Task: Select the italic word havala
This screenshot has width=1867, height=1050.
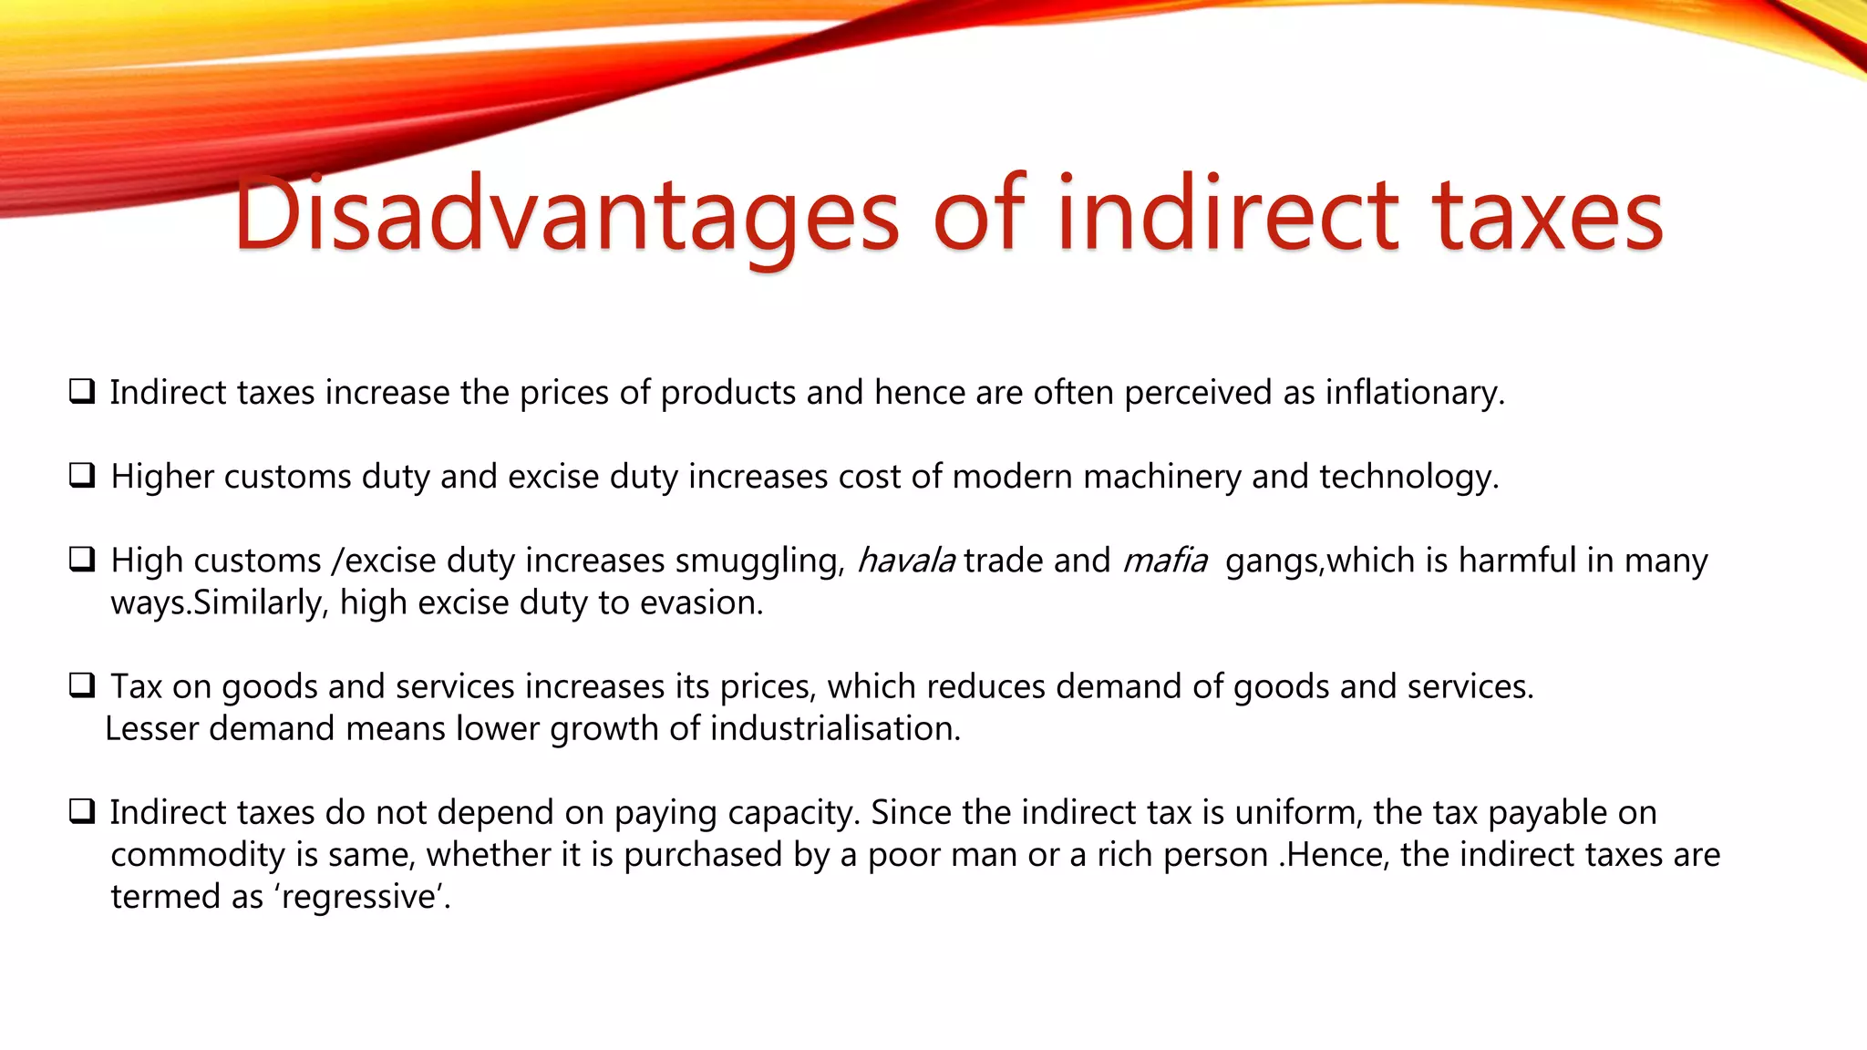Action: coord(905,561)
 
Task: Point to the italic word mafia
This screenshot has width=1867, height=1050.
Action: coord(1165,561)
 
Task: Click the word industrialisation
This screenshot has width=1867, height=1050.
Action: coord(835,729)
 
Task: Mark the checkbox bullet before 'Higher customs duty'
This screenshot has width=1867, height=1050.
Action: coord(82,475)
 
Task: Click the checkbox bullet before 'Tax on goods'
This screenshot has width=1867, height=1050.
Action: coord(82,685)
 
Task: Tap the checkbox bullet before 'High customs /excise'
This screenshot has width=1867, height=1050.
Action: coord(82,559)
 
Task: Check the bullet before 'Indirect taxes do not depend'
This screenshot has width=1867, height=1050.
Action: coord(82,810)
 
